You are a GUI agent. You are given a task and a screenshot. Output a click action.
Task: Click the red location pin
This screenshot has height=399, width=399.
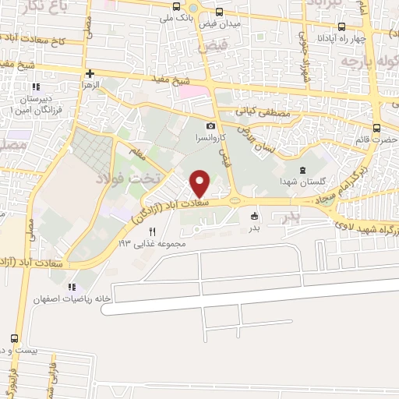coord(201,184)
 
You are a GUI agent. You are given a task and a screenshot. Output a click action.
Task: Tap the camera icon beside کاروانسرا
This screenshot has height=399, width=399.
coord(210,125)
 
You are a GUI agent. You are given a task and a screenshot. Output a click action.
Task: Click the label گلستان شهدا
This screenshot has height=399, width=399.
coord(302,181)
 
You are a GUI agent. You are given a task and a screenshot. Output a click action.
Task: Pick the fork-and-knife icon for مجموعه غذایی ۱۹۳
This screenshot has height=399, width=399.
coord(152,231)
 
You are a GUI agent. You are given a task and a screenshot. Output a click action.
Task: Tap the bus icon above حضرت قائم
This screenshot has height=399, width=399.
coord(376,129)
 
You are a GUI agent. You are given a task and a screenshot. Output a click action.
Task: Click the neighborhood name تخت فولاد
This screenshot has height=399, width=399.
coord(127,178)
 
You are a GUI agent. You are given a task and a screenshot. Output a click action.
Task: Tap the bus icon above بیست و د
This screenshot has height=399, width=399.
coord(15,338)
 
